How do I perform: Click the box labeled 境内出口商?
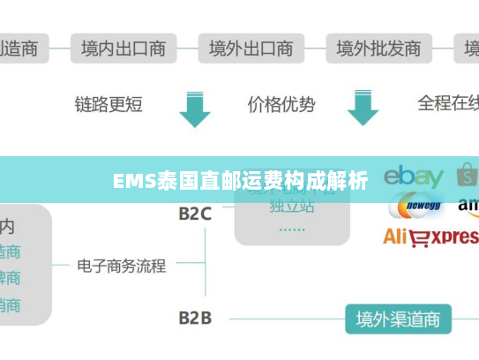point(123,48)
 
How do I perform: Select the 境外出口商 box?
point(251,48)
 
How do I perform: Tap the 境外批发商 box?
point(379,48)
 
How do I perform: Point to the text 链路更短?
point(109,105)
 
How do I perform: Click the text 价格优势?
point(281,105)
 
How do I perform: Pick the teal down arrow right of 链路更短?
point(194,107)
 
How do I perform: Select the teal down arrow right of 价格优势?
point(363,107)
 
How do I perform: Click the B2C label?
point(195,214)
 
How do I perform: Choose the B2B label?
point(195,317)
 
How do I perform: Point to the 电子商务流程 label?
point(121,265)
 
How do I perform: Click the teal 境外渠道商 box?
point(398,318)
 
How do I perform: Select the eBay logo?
point(413,176)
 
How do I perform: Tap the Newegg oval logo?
point(415,207)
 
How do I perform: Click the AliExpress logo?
point(430,236)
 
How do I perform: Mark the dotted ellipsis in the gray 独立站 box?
point(291,228)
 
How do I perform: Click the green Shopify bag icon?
point(468,175)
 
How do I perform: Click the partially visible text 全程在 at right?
point(447,104)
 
